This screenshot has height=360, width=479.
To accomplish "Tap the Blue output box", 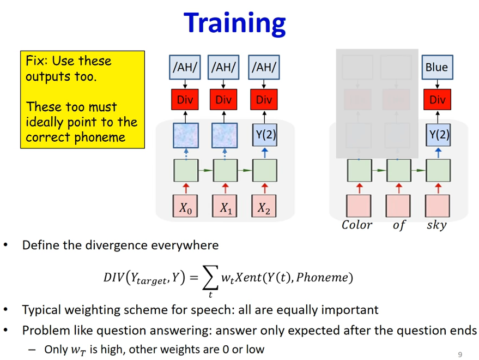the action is (437, 67).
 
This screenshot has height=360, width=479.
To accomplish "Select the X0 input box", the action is (185, 206).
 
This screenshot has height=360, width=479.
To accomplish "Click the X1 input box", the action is (225, 206).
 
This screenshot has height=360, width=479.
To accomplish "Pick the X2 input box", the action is (264, 206).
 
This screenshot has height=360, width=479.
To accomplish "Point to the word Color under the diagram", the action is (357, 225).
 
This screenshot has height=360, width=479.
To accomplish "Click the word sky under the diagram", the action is (437, 225).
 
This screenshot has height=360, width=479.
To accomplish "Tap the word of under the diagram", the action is (399, 225).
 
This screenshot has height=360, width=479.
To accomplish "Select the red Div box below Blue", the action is (437, 99).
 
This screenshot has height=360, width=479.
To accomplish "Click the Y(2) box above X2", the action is (265, 135).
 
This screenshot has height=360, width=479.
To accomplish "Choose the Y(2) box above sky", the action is (438, 135).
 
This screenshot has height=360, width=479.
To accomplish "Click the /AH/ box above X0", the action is (185, 67).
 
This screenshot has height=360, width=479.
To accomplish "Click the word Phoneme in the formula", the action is (322, 277).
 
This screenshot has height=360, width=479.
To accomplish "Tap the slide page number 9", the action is (460, 355).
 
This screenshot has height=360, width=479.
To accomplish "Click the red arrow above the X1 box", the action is (225, 188).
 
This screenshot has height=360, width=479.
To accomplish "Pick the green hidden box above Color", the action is (359, 170).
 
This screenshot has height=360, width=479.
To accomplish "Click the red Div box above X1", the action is (223, 99).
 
